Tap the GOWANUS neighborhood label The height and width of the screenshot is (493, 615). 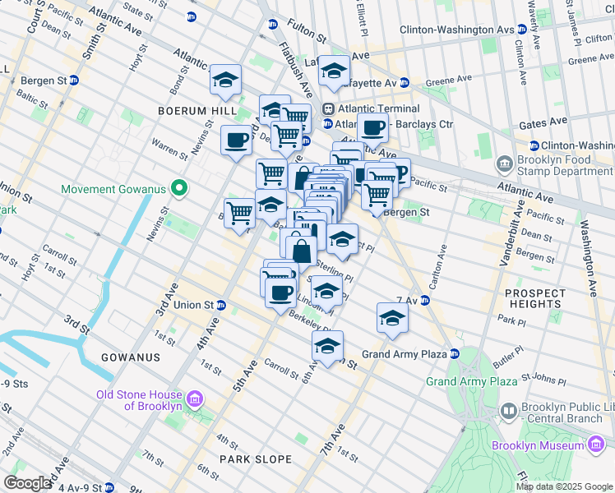click(130, 357)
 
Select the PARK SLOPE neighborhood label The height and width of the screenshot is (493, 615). click(255, 458)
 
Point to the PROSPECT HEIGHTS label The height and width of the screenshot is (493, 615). click(535, 299)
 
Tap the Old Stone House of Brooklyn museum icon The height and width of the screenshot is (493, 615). click(195, 400)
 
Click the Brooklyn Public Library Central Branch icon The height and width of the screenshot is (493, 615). click(509, 409)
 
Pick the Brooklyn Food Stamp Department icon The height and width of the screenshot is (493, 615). click(505, 165)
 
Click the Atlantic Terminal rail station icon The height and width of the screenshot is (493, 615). click(327, 108)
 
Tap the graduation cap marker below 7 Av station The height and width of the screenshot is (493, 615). click(393, 318)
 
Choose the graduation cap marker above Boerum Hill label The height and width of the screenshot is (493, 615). click(225, 80)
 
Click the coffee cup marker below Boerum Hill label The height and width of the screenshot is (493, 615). click(236, 140)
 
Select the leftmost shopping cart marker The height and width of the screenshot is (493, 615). click(239, 213)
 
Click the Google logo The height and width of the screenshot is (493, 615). click(27, 483)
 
